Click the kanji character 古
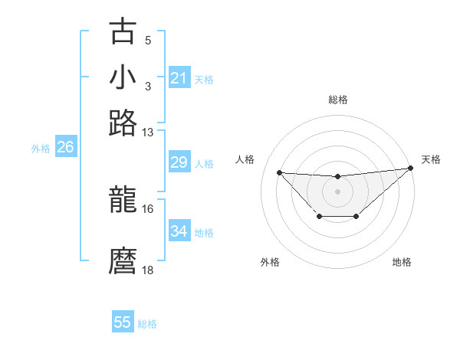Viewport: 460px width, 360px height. (x=123, y=32)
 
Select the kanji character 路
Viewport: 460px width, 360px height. (x=123, y=123)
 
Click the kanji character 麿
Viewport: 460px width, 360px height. (x=123, y=261)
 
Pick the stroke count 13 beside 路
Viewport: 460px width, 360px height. (x=148, y=132)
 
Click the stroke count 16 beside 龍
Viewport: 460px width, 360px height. (x=148, y=208)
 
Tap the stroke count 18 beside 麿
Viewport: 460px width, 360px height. (x=148, y=270)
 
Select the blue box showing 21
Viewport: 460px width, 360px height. (x=179, y=78)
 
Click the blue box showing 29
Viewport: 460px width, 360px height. (x=179, y=162)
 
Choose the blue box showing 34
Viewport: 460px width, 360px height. (x=179, y=231)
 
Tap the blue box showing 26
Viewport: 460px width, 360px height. (x=65, y=147)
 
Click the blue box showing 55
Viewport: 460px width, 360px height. (x=123, y=322)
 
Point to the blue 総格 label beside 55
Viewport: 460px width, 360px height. (x=147, y=324)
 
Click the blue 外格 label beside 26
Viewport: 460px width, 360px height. (x=41, y=149)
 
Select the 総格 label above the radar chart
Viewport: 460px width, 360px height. (x=337, y=100)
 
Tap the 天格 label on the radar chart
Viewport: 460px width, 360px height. (x=431, y=159)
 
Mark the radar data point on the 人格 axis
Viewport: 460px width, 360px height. (x=279, y=172)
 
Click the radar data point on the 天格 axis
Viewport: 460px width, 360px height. (x=412, y=168)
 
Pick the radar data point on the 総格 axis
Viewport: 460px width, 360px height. (x=337, y=177)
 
